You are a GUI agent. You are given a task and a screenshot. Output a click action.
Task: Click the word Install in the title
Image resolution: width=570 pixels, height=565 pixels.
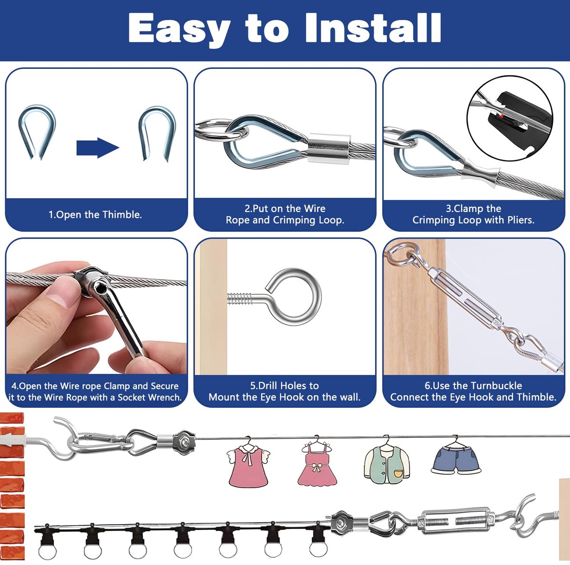pos(373,29)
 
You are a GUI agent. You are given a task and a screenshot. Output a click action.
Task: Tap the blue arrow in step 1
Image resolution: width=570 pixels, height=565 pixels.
pos(98,148)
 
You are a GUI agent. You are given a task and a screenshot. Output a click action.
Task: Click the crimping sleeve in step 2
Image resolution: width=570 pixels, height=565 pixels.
pos(328,148)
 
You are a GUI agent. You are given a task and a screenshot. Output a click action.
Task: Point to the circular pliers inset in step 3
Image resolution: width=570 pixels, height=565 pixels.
pos(509,118)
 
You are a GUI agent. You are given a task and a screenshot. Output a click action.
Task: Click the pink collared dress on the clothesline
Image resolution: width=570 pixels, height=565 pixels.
pos(248,463)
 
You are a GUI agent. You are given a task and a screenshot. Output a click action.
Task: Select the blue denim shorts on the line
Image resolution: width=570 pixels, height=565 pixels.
pos(456,456)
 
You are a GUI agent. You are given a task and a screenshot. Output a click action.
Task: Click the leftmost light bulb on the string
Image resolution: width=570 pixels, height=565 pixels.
pos(47,541)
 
